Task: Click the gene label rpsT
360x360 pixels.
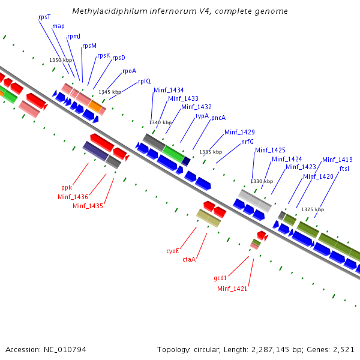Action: (x=44, y=17)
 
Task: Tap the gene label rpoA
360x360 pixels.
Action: (x=130, y=71)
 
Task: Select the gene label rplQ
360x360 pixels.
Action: (x=145, y=81)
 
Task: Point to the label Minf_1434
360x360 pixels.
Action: (x=169, y=90)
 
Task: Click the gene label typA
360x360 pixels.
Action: (x=202, y=116)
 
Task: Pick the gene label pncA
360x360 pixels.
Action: (x=218, y=118)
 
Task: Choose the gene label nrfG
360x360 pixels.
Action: (x=247, y=142)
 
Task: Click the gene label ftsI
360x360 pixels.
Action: (x=344, y=169)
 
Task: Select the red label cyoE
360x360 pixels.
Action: (x=173, y=251)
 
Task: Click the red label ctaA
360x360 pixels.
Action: (x=189, y=259)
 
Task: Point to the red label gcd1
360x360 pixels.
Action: (x=220, y=278)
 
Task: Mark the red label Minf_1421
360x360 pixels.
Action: (x=232, y=289)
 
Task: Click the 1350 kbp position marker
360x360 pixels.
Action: (x=60, y=60)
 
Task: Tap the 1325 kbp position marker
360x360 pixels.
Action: (x=313, y=209)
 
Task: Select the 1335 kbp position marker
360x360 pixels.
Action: (x=211, y=152)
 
